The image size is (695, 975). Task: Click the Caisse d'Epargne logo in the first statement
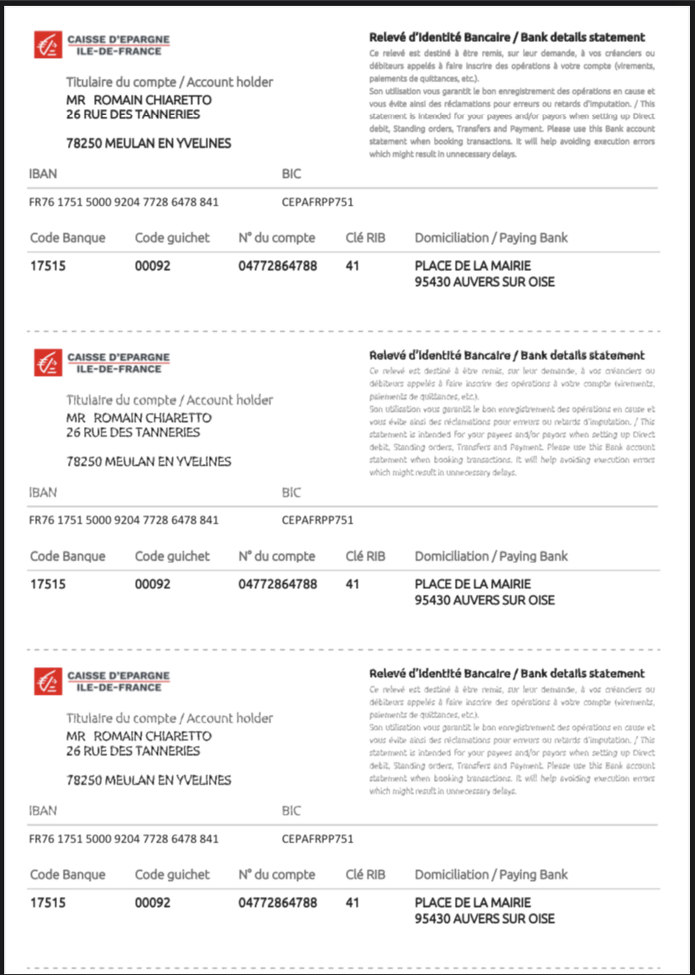(x=48, y=44)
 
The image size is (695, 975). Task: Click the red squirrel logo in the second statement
(x=48, y=362)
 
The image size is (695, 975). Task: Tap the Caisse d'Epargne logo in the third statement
(x=48, y=681)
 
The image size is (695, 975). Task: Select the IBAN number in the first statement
(x=123, y=202)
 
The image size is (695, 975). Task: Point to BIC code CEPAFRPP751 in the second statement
(x=317, y=520)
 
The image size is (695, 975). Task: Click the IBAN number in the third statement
(x=123, y=838)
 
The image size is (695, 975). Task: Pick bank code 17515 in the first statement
(x=48, y=266)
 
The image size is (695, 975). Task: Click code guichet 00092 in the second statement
(x=152, y=584)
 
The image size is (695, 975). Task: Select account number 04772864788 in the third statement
(x=277, y=903)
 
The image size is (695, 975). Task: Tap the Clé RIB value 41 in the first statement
(x=352, y=266)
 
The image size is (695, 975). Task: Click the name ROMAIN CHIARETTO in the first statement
(x=152, y=100)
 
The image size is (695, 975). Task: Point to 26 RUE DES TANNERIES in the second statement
(x=133, y=432)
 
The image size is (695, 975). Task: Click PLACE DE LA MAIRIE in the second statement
(x=473, y=584)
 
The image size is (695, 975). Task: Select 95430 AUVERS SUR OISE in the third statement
(x=484, y=918)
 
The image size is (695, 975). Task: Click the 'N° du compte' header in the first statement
(x=277, y=238)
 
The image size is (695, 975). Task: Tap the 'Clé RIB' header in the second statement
(x=365, y=556)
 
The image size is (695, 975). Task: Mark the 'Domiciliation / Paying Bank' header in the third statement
(x=491, y=875)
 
